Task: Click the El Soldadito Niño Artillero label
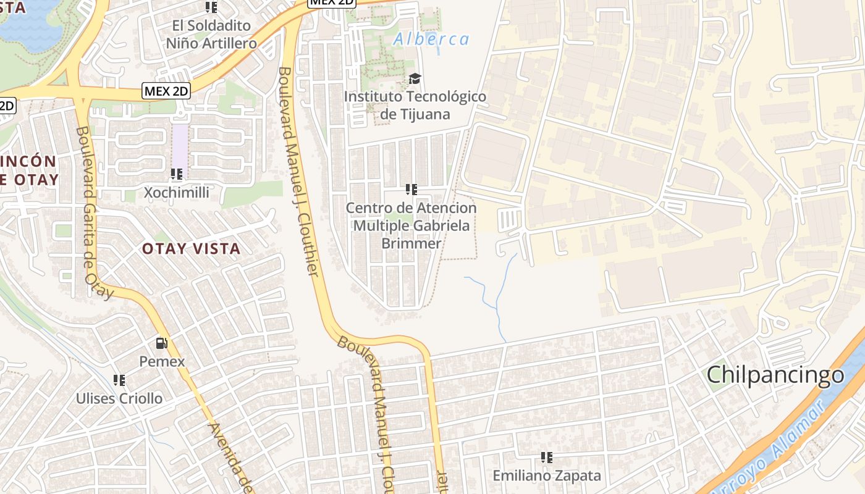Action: point(211,35)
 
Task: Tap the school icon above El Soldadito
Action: point(211,7)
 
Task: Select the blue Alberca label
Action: point(431,40)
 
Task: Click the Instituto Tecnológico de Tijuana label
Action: point(415,106)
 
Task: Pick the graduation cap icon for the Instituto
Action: point(415,78)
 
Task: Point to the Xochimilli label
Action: point(177,193)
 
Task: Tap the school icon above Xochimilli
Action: point(177,174)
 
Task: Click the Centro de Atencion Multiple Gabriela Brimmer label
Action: point(411,225)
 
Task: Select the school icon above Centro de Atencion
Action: point(411,190)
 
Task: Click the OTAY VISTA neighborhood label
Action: point(191,249)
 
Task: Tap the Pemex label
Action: point(162,361)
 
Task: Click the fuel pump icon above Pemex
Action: point(161,343)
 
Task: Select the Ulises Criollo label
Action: point(119,398)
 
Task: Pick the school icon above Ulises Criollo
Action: point(119,380)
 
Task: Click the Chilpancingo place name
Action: point(775,375)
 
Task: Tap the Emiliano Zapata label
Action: point(546,475)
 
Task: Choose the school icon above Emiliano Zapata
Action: point(546,458)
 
